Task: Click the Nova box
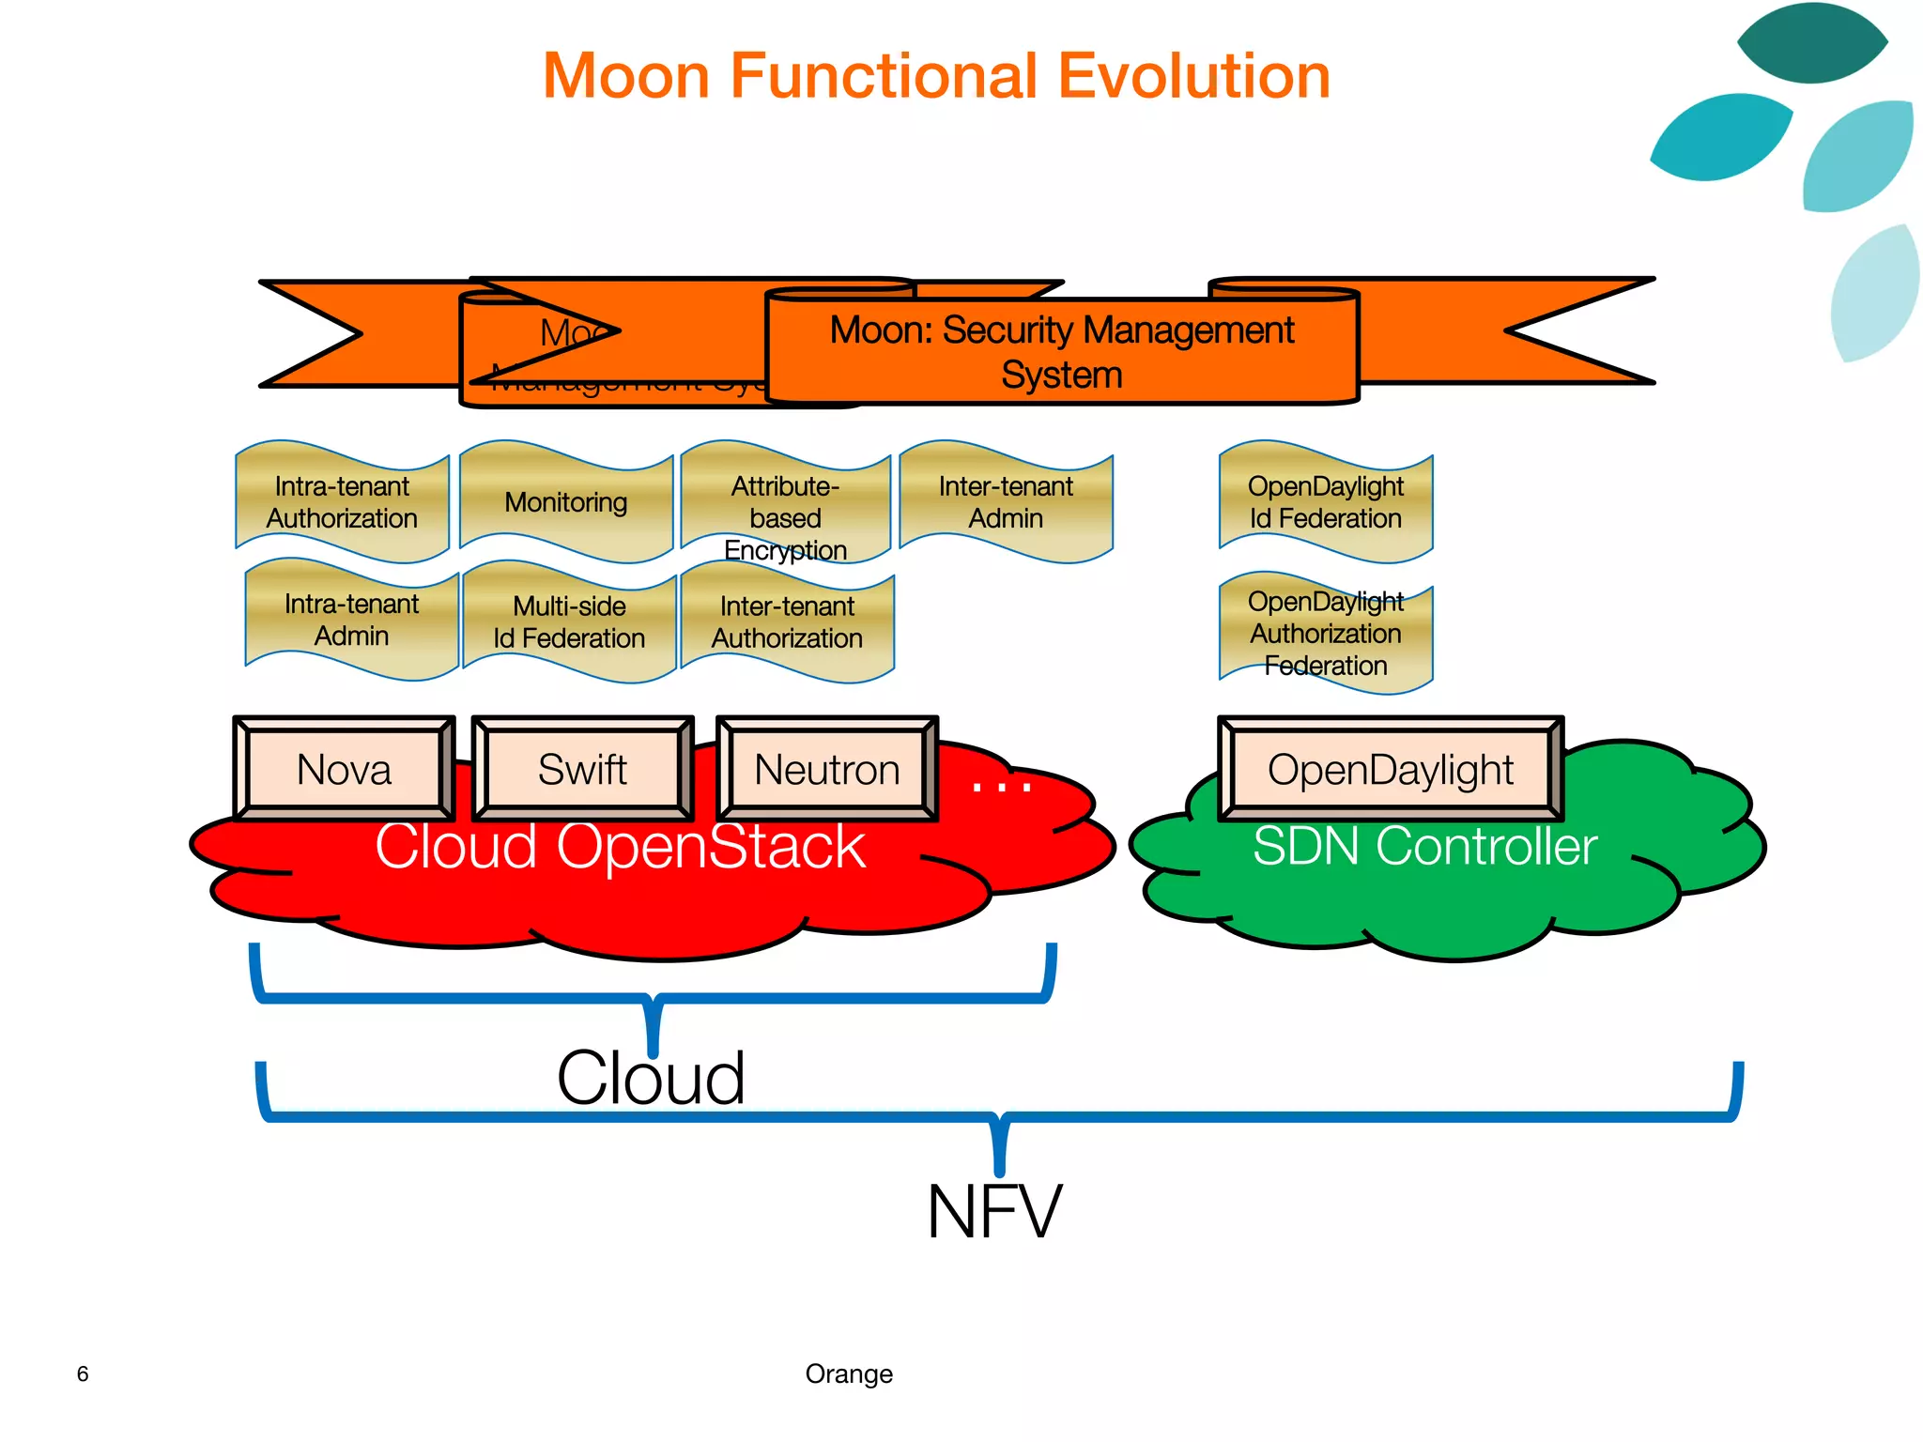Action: [x=344, y=770]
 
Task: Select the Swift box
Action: [x=582, y=770]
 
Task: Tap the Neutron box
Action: [x=827, y=770]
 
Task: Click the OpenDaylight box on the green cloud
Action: [x=1390, y=770]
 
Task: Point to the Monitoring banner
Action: [x=566, y=502]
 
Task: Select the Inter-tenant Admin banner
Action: [x=1006, y=502]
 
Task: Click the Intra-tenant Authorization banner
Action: [x=342, y=502]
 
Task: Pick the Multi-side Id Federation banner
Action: [x=569, y=621]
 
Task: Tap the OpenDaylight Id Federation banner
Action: [x=1325, y=502]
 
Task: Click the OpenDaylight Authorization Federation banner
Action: [x=1325, y=634]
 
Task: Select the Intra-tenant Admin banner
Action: [x=351, y=620]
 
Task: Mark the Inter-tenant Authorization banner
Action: [x=787, y=622]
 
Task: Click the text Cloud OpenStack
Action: [x=620, y=847]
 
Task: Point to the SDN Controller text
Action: [x=1424, y=847]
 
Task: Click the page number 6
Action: [x=83, y=1373]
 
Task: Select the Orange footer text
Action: [x=849, y=1373]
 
